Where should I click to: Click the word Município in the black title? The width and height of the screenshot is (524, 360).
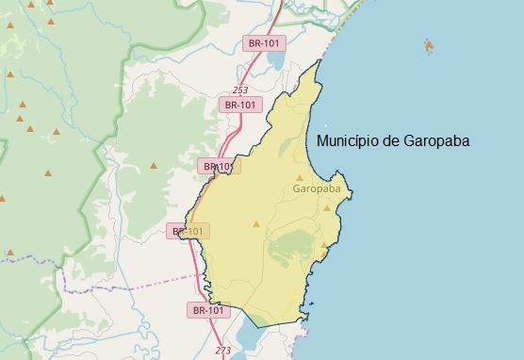(x=347, y=141)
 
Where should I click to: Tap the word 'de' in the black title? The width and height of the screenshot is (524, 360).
(x=389, y=141)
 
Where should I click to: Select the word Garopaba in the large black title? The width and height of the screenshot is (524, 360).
(x=436, y=141)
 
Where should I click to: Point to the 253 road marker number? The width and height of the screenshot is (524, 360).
(x=239, y=90)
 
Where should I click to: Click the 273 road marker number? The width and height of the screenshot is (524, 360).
(x=222, y=351)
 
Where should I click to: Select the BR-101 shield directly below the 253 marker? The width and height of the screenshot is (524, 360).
(x=239, y=106)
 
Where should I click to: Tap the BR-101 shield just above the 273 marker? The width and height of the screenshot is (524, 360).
(x=208, y=309)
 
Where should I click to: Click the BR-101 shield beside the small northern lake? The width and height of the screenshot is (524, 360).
(x=263, y=42)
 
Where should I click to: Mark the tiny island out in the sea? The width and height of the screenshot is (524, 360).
(x=429, y=44)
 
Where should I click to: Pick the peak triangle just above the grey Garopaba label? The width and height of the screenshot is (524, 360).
(x=301, y=177)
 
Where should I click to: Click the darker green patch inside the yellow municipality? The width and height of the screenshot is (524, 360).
(x=292, y=246)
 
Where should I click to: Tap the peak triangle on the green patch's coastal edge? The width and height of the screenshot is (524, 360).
(x=323, y=247)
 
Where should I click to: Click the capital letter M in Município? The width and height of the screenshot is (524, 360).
(x=324, y=141)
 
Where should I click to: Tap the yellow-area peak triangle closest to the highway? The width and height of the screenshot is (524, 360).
(x=255, y=224)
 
